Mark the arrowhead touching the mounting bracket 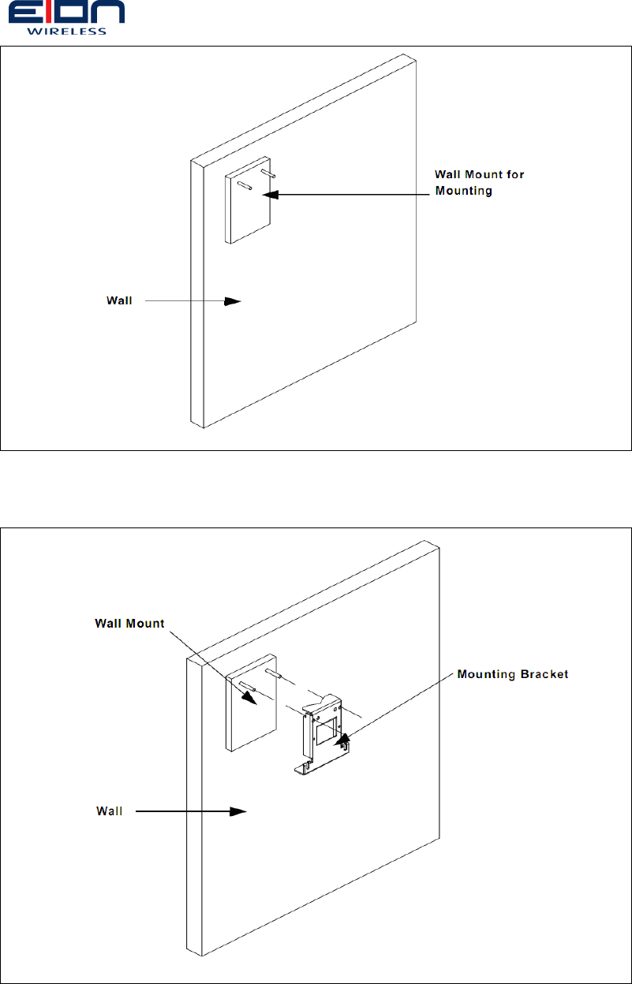coord(342,740)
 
